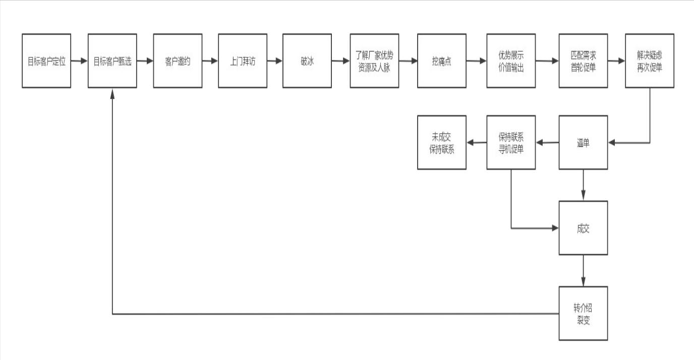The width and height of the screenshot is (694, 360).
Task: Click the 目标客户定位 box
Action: (46, 61)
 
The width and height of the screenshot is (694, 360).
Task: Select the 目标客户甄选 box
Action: (112, 61)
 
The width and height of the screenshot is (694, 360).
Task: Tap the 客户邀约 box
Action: (178, 61)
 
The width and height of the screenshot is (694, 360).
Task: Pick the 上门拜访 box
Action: (243, 61)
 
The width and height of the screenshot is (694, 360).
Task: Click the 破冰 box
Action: (307, 61)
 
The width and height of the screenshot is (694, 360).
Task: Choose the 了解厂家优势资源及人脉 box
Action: (374, 61)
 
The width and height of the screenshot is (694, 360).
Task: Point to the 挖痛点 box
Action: (442, 61)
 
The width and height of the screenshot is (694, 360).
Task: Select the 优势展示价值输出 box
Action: (511, 61)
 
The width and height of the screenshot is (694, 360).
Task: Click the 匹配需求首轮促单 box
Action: (583, 61)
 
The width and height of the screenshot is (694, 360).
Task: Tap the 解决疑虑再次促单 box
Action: (649, 61)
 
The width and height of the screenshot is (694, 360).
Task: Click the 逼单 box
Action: (583, 143)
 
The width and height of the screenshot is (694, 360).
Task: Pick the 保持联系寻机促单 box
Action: (511, 143)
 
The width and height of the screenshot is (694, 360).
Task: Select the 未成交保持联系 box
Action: (442, 143)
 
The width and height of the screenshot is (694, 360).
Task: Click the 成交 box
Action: (583, 228)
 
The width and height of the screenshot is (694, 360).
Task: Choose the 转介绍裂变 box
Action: (583, 314)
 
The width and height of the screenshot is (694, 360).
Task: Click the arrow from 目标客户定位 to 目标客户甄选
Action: (79, 61)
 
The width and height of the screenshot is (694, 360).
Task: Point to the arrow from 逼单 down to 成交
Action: (583, 185)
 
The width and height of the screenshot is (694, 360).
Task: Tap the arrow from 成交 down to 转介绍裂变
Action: (583, 270)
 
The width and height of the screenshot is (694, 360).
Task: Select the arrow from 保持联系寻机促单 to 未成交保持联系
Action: (477, 143)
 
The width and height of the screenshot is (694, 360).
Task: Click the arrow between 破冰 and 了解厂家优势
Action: (341, 61)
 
